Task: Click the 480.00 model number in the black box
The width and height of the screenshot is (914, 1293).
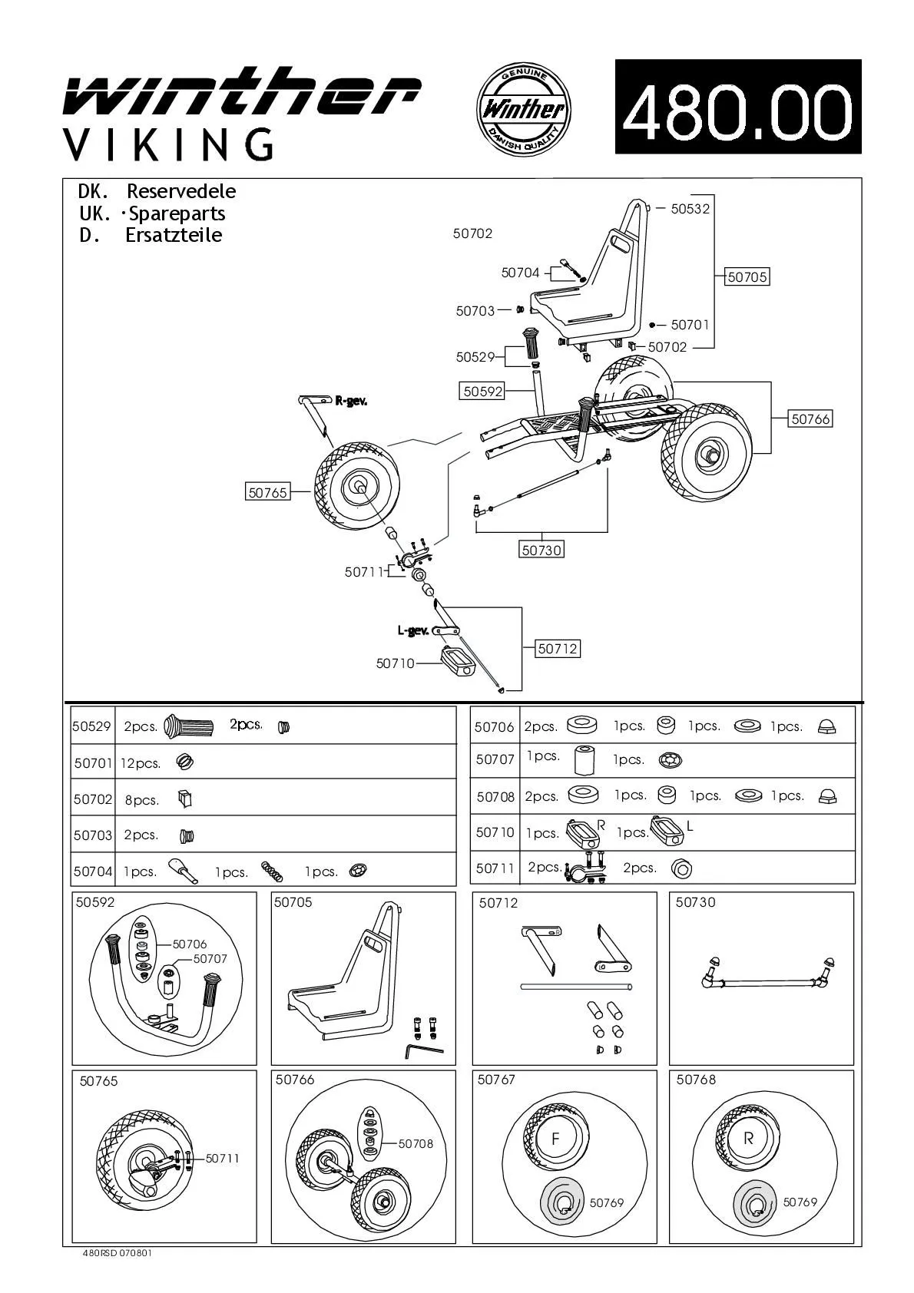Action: point(737,107)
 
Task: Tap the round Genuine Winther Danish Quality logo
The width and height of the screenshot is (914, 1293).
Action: point(524,107)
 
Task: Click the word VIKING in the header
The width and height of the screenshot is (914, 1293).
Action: point(167,144)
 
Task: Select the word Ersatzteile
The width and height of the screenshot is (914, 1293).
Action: point(174,235)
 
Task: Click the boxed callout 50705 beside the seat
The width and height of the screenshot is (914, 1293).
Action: point(747,277)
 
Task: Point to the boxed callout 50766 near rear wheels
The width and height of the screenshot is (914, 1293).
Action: point(811,419)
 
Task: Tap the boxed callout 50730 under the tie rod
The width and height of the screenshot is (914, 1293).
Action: point(541,550)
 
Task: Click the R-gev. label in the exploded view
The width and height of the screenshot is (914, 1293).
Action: point(350,401)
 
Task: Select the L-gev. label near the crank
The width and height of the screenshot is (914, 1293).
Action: point(413,630)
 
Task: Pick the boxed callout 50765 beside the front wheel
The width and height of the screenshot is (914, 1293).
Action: point(267,493)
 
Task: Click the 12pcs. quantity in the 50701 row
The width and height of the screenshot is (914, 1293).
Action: point(141,763)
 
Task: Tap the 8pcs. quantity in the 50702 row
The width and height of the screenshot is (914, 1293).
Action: point(142,800)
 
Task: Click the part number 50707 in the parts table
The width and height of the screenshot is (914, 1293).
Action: point(495,759)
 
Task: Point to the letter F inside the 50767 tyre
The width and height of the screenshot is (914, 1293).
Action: point(555,1139)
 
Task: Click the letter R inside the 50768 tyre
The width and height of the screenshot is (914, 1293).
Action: point(748,1139)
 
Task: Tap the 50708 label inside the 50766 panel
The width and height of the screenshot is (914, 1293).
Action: point(416,1143)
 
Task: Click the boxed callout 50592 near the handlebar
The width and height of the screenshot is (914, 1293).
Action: point(482,391)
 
